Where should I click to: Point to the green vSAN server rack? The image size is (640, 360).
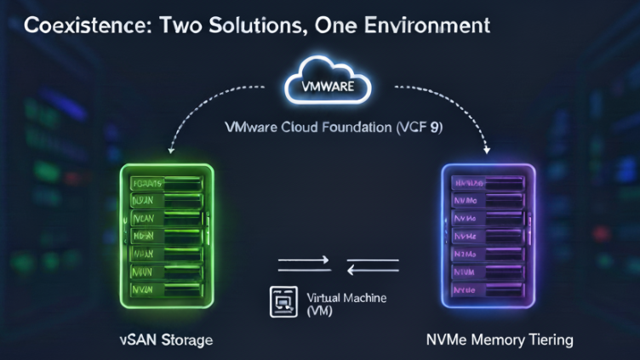pyautogui.click(x=168, y=236)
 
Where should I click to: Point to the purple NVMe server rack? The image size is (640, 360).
pyautogui.click(x=488, y=236)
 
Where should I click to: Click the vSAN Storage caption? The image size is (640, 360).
pyautogui.click(x=166, y=340)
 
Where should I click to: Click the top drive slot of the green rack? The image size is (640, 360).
pyautogui.click(x=168, y=183)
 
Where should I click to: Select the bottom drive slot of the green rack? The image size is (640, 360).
pyautogui.click(x=168, y=290)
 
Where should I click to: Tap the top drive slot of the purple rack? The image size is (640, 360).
pyautogui.click(x=488, y=183)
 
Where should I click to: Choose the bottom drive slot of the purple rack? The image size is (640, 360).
pyautogui.click(x=488, y=289)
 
